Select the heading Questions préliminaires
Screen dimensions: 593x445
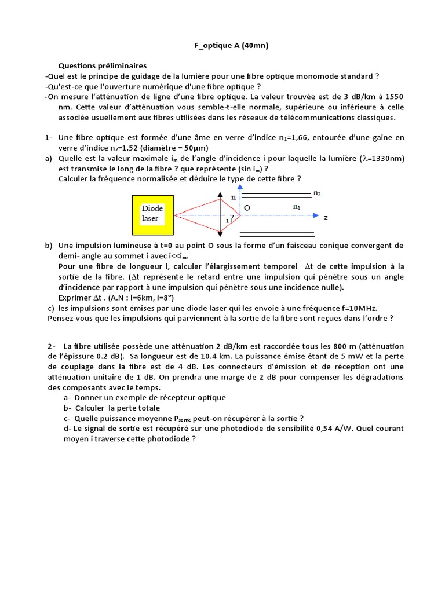tap(103, 65)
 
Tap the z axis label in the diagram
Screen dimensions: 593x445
tap(326, 218)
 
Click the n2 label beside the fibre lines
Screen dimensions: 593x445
tap(317, 193)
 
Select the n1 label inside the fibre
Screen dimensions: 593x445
tap(297, 206)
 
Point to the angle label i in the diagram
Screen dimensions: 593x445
tap(227, 221)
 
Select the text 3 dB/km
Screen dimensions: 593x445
tap(360, 97)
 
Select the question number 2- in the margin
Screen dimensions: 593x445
tap(52, 346)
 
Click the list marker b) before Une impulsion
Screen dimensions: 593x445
tap(49, 246)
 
